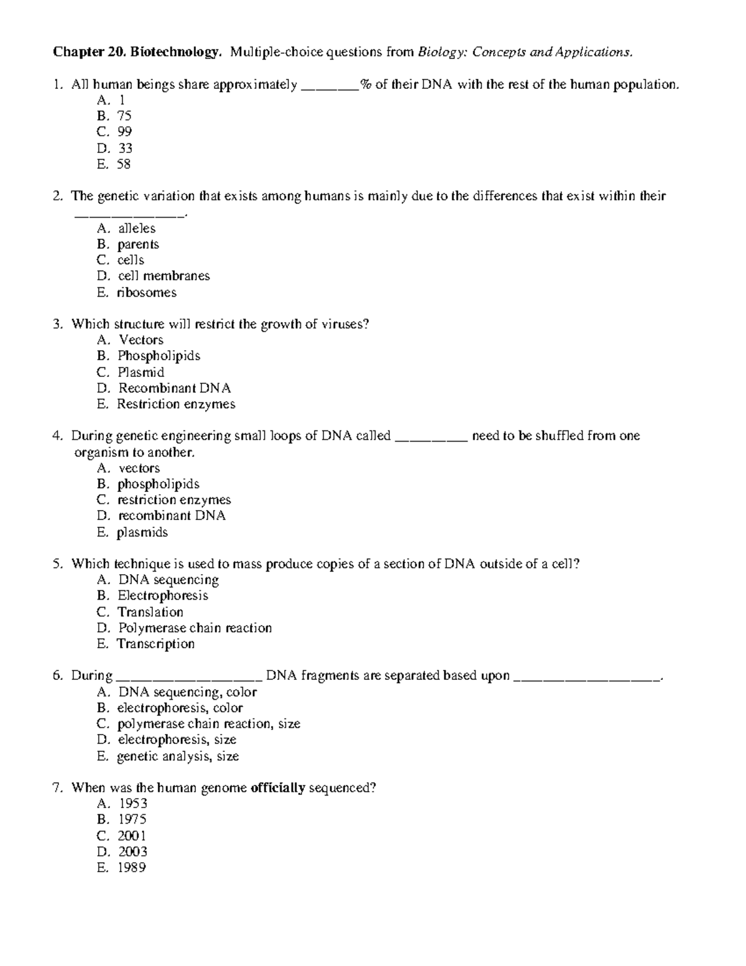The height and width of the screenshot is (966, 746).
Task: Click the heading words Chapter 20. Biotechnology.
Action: pos(137,52)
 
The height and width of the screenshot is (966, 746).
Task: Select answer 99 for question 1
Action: pos(124,132)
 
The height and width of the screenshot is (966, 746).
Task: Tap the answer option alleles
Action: pos(137,228)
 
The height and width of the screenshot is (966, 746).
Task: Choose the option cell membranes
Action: pos(163,276)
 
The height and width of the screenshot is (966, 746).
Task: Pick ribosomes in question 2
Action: pos(147,292)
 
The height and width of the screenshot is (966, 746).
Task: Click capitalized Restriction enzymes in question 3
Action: pos(176,404)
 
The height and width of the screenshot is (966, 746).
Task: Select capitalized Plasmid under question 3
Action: pos(141,372)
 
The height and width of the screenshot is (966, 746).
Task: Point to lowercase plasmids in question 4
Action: pos(142,532)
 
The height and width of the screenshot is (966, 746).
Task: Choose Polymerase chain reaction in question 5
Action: pos(195,628)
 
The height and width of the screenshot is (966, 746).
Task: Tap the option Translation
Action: pos(150,612)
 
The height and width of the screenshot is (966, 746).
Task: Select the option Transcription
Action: pos(156,644)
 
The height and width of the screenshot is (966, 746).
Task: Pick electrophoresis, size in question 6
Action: pos(177,740)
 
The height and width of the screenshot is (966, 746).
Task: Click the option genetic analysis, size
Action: pos(178,756)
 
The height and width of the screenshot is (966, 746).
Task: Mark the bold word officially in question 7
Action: pos(277,788)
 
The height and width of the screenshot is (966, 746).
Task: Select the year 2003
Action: pos(132,852)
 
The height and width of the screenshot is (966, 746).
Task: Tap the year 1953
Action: pos(132,804)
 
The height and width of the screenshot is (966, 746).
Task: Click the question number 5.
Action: pos(57,564)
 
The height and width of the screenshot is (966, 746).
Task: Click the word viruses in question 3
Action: pos(344,324)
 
